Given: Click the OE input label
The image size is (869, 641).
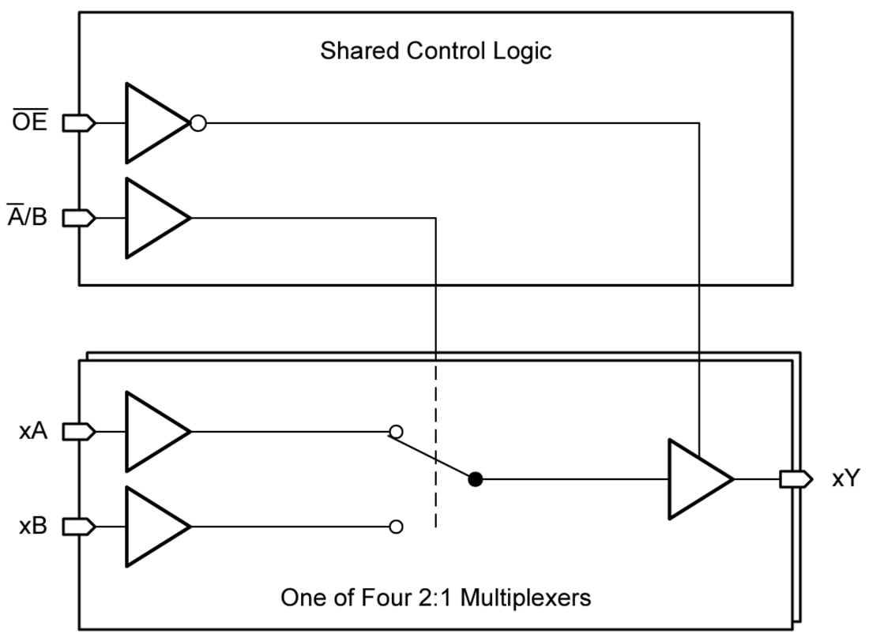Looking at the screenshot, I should coord(28,123).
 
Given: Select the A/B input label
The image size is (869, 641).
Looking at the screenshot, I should coord(27,217).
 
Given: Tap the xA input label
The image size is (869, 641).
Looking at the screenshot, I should coord(33,432).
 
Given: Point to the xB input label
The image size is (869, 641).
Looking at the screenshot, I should coord(33,526).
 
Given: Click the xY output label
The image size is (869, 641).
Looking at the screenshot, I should coord(845,478).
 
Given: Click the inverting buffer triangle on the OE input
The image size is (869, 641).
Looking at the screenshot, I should coord(152,123).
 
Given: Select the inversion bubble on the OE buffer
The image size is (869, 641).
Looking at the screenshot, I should coord(198,123).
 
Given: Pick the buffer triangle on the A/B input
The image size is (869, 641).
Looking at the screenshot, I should coord(152,217).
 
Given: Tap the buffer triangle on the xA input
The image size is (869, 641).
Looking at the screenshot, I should coord(152,432).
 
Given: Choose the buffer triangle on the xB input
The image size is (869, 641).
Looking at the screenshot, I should coord(152,526).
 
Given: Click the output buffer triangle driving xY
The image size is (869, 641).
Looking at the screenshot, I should coord(696,478).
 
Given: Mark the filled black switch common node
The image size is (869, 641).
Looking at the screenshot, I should coord(474,478).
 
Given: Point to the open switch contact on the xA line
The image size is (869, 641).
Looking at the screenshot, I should coord(397,432).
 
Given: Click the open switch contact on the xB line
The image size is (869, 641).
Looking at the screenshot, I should coord(397,526).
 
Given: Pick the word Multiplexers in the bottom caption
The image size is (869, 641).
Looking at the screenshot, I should coord(525,598).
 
